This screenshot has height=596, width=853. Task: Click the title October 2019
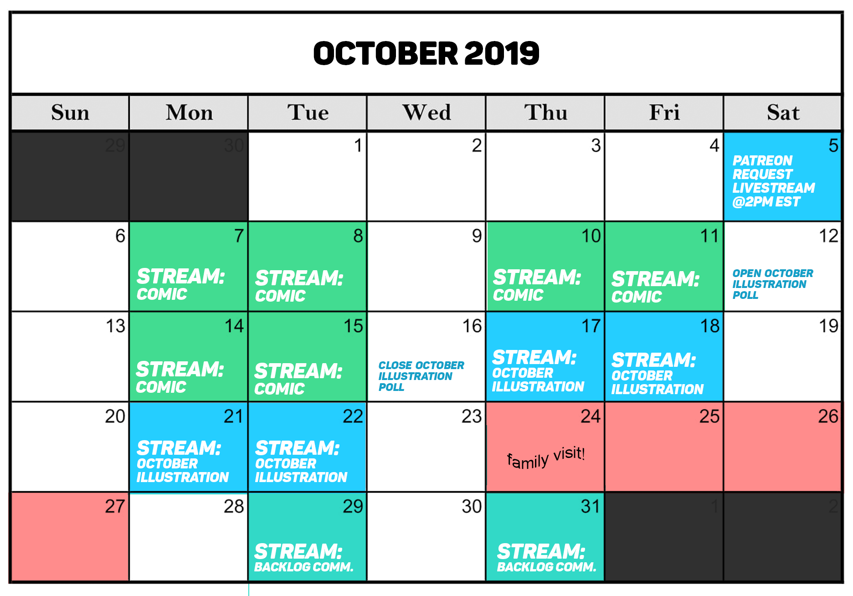pos(426,53)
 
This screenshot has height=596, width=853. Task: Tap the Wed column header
pos(426,113)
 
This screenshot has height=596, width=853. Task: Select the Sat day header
pos(783,113)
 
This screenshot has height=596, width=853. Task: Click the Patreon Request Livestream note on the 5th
pos(773,181)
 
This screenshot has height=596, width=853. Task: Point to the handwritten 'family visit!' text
pos(546,458)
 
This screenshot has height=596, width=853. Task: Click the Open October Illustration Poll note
pos(772,284)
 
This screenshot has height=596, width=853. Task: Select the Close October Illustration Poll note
pos(421,376)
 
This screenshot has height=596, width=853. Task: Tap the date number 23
pos(471,416)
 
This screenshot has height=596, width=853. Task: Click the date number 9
pos(477,236)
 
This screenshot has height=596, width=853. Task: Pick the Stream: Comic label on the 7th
pos(180,284)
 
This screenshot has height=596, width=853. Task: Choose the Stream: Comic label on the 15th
pos(298,379)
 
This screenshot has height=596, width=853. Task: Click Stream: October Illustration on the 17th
pos(538,370)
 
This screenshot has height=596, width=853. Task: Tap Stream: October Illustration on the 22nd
pos(301,461)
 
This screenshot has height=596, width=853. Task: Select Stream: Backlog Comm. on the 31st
pos(546,557)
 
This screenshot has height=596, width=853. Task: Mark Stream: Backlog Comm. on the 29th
pos(303,557)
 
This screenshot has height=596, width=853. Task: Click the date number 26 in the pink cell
pos(828,416)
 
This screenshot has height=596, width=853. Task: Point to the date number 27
pos(115,506)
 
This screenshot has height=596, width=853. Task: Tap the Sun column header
pos(70,113)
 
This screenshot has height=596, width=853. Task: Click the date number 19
pos(828,326)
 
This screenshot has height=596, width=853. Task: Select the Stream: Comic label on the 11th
pos(655,287)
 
